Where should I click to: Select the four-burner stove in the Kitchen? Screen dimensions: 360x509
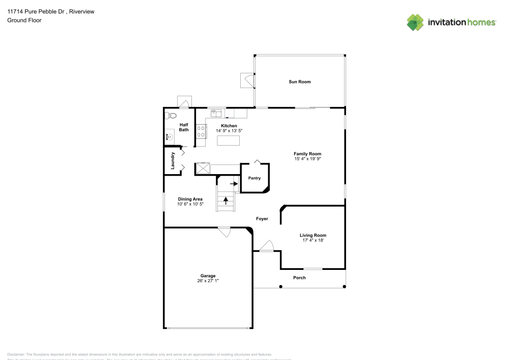(x=201, y=131)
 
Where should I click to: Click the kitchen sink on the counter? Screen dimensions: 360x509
(x=216, y=113)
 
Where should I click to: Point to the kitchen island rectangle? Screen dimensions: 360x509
(x=228, y=141)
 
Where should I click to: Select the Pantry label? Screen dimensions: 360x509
(x=254, y=178)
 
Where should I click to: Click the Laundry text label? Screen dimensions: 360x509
(x=174, y=160)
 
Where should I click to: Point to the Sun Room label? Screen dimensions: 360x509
(x=299, y=81)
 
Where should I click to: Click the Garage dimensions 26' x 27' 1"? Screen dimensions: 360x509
(x=208, y=281)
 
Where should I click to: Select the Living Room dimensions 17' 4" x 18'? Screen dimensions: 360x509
(x=313, y=240)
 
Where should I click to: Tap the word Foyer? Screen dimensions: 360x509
(x=262, y=219)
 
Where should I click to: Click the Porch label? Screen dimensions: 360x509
(x=299, y=278)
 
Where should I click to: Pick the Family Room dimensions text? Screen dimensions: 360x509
(x=307, y=159)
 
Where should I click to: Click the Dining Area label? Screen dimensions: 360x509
(x=190, y=199)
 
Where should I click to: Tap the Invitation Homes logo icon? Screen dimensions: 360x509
(x=415, y=22)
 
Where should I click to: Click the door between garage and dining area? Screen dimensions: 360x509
(x=223, y=232)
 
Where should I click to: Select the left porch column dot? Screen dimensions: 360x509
(x=280, y=287)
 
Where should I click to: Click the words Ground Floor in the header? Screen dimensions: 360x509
(x=24, y=20)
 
